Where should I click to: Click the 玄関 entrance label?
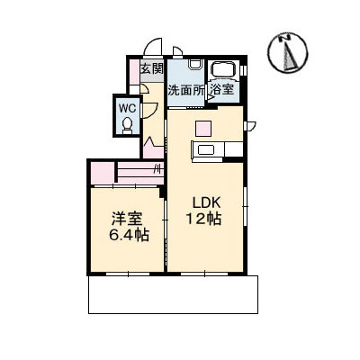coord(152,68)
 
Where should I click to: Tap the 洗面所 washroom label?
coord(185,90)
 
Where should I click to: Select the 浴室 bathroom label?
coord(222,89)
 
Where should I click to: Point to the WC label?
coord(128,107)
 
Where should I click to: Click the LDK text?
coord(207,203)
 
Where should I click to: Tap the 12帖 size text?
coord(204,219)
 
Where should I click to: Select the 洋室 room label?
coord(127,219)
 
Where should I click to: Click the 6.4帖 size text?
coord(129,235)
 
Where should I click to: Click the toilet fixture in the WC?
coord(128,125)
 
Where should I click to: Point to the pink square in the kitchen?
coord(203,129)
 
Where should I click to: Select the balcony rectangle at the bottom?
coord(173,294)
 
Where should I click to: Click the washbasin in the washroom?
coord(195,64)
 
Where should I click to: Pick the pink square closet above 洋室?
coord(103,173)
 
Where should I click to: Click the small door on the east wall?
coord(249,126)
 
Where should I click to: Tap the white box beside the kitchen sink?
coord(233,149)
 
